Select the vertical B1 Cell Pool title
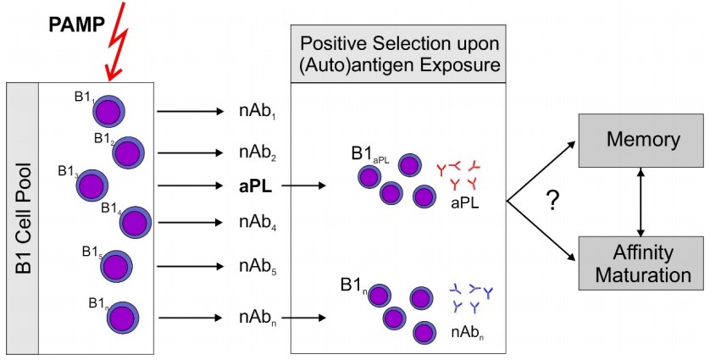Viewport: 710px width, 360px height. point(23,217)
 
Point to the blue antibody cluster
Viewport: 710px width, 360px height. point(470,297)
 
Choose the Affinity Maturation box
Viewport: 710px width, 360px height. point(641,261)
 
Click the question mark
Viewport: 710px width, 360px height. point(552,202)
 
